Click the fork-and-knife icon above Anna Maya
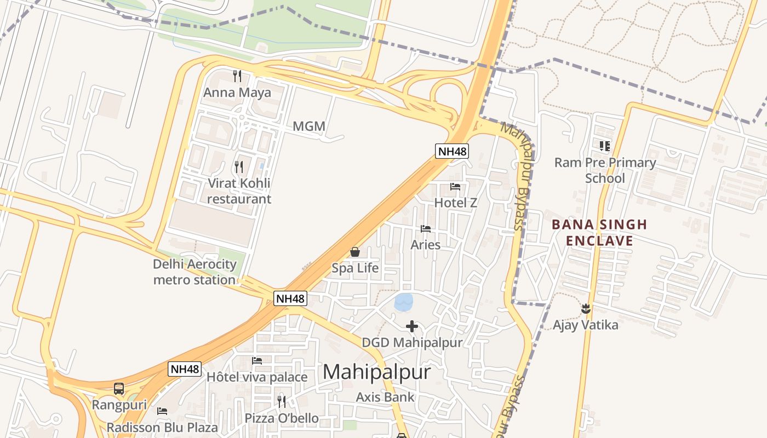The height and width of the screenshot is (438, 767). tap(237, 76)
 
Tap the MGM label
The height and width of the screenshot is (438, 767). tap(309, 126)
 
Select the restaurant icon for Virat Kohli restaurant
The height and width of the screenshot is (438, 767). tap(239, 166)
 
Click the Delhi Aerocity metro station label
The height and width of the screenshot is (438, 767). tap(194, 272)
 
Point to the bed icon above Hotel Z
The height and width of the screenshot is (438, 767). tap(455, 187)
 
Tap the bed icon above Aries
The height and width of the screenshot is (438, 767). tap(426, 229)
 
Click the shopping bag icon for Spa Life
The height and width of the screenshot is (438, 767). tap(355, 252)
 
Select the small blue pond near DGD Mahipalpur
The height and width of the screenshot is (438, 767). tap(404, 301)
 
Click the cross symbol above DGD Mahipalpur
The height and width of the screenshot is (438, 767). tap(412, 327)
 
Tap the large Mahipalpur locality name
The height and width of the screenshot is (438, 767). tap(376, 372)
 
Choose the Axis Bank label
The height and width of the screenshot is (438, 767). tap(385, 397)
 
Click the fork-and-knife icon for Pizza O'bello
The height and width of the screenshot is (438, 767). tap(282, 402)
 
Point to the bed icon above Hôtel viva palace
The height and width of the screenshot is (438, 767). tap(257, 361)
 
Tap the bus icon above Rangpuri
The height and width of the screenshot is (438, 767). tap(119, 389)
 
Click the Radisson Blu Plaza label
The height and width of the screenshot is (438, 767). tap(162, 427)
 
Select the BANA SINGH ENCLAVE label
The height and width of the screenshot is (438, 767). tap(599, 233)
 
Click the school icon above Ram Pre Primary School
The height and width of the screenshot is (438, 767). tap(605, 146)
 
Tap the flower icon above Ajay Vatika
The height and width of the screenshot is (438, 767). tap(586, 308)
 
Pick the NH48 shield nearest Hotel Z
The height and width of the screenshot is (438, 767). tap(452, 151)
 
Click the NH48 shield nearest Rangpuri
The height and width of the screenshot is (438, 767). tap(185, 369)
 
